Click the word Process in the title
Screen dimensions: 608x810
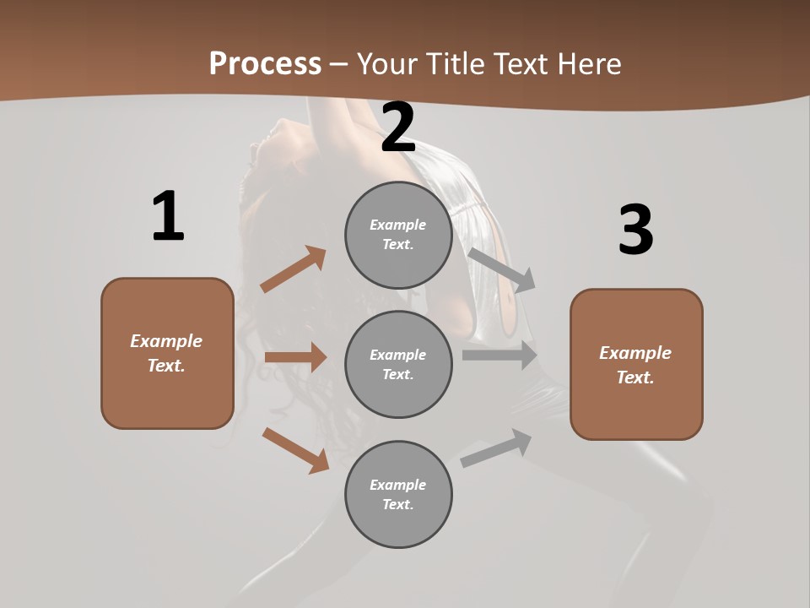coord(265,63)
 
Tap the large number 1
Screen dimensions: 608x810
coord(168,217)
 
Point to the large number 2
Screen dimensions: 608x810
coord(398,128)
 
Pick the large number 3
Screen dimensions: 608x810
coord(635,230)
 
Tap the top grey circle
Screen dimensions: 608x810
coord(398,235)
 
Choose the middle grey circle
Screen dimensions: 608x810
coord(398,365)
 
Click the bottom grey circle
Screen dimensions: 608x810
coord(398,495)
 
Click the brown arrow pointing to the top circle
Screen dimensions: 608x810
coord(294,269)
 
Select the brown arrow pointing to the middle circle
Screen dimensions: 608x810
coord(295,357)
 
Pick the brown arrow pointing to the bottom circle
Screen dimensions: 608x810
coord(295,450)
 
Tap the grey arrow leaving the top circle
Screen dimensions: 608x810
coord(502,269)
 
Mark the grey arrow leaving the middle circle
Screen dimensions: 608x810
coord(499,356)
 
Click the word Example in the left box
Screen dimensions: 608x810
coord(166,341)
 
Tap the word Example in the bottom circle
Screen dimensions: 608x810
coord(398,485)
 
